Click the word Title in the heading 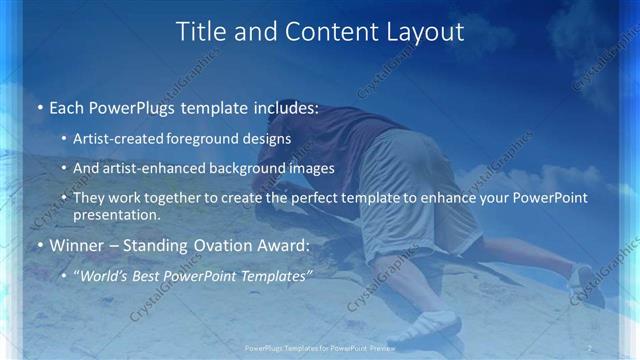199,32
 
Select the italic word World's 105,275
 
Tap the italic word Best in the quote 150,275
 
